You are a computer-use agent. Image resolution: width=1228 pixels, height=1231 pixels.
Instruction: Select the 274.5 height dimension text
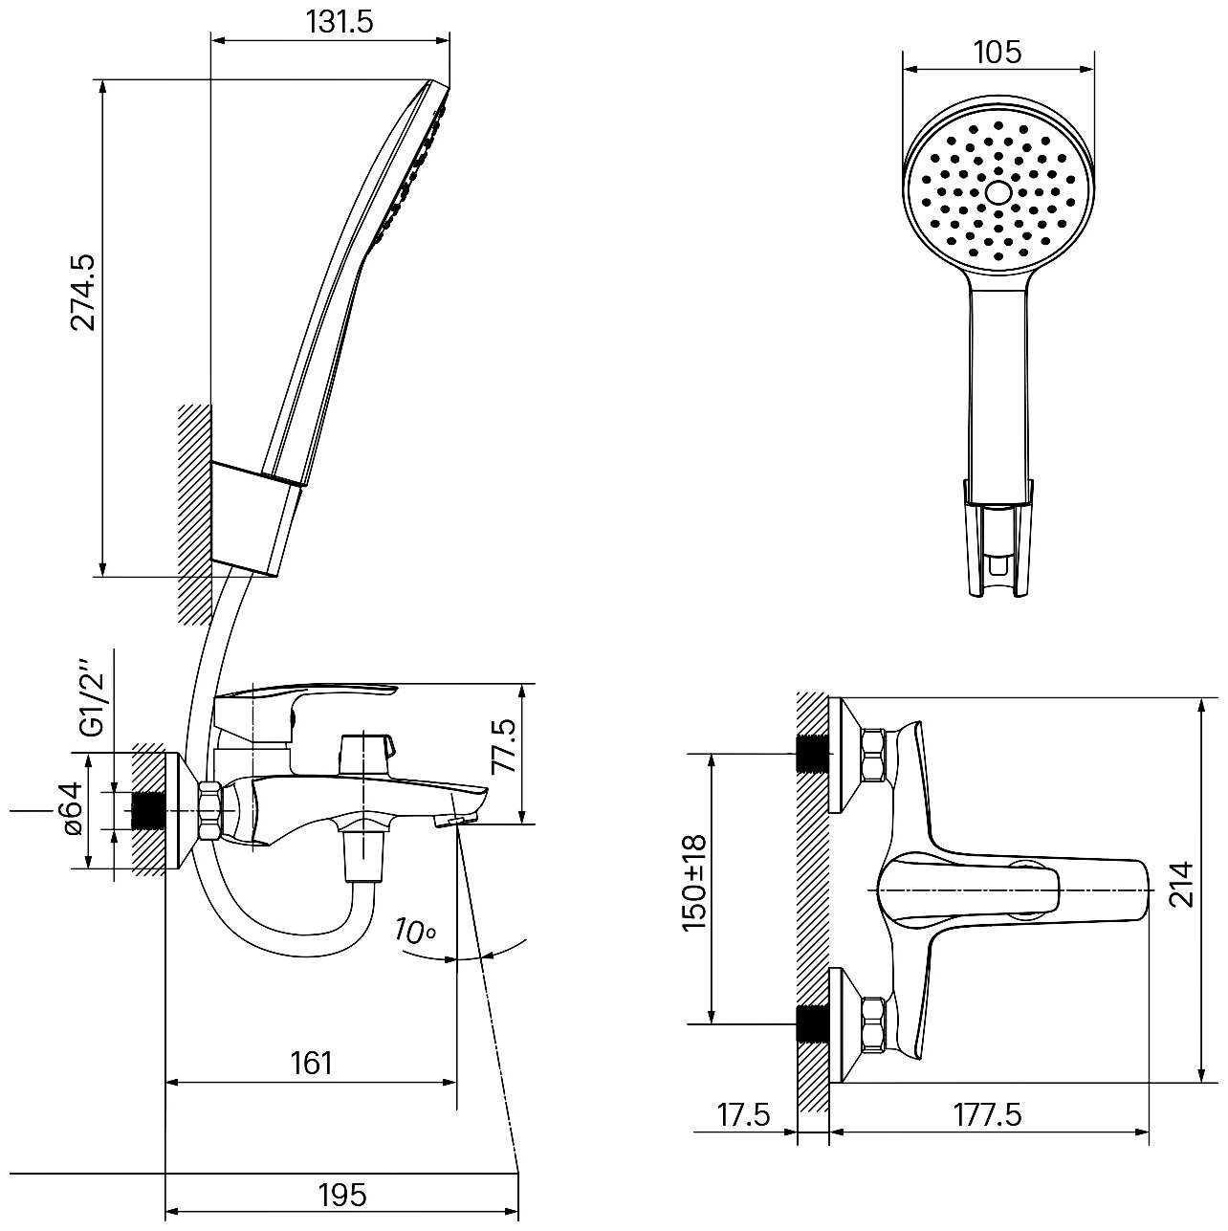pos(83,293)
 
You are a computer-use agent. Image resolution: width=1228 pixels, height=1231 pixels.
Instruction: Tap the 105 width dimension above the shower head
pos(998,52)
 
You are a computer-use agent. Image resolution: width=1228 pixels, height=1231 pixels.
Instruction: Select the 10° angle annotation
pos(416,932)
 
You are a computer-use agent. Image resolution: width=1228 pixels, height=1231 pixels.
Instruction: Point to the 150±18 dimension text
pos(695,882)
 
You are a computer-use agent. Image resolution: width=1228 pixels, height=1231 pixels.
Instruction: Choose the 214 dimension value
pos(1181,884)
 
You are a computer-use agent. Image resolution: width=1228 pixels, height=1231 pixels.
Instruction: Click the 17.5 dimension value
pos(744,1114)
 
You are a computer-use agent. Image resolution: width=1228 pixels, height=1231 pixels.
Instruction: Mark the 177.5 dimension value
pos(988,1114)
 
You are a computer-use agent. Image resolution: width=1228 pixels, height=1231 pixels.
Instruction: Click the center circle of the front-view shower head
pos(998,192)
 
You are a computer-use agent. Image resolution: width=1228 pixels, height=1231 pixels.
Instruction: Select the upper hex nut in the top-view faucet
pos(873,755)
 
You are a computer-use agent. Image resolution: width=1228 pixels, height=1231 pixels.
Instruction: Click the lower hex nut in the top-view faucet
pos(873,1024)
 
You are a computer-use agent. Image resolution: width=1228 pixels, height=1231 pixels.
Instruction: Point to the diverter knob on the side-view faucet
pos(366,755)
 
